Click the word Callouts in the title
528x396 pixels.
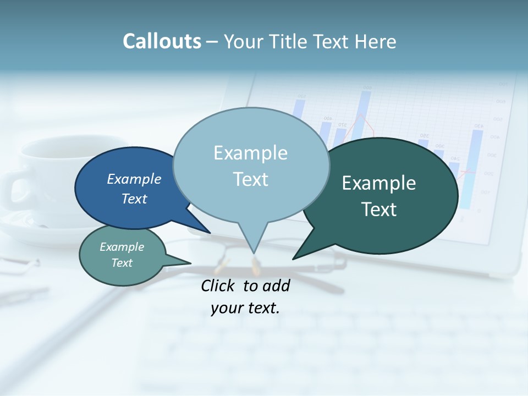pyautogui.click(x=162, y=41)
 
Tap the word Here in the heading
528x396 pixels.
pyautogui.click(x=376, y=41)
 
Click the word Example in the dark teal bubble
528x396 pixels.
pyautogui.click(x=379, y=183)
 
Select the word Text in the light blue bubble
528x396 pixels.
pyautogui.click(x=251, y=179)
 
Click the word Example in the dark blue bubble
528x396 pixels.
pyautogui.click(x=134, y=179)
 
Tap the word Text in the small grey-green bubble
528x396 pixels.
pyautogui.click(x=122, y=263)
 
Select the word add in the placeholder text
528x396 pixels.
pyautogui.click(x=276, y=285)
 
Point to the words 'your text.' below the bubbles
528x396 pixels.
pyautogui.click(x=245, y=308)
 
